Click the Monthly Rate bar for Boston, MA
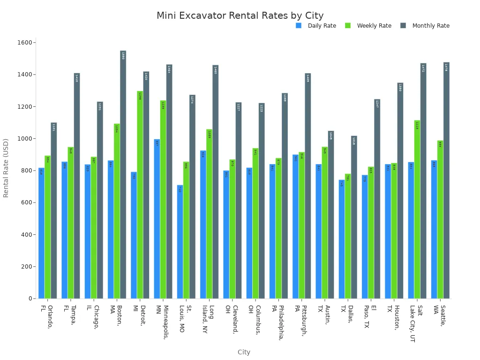coord(123,174)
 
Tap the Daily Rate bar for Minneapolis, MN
coord(157,219)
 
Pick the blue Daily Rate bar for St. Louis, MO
coord(180,242)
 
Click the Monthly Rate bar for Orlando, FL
coord(54,210)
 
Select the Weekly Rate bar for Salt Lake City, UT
coord(417,210)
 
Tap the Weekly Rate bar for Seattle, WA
coord(440,219)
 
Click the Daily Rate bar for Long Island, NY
coord(203,225)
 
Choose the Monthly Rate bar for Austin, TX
coord(331,215)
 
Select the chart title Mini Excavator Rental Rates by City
coord(240,15)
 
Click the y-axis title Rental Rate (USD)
coord(6,168)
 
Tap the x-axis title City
coord(244,352)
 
